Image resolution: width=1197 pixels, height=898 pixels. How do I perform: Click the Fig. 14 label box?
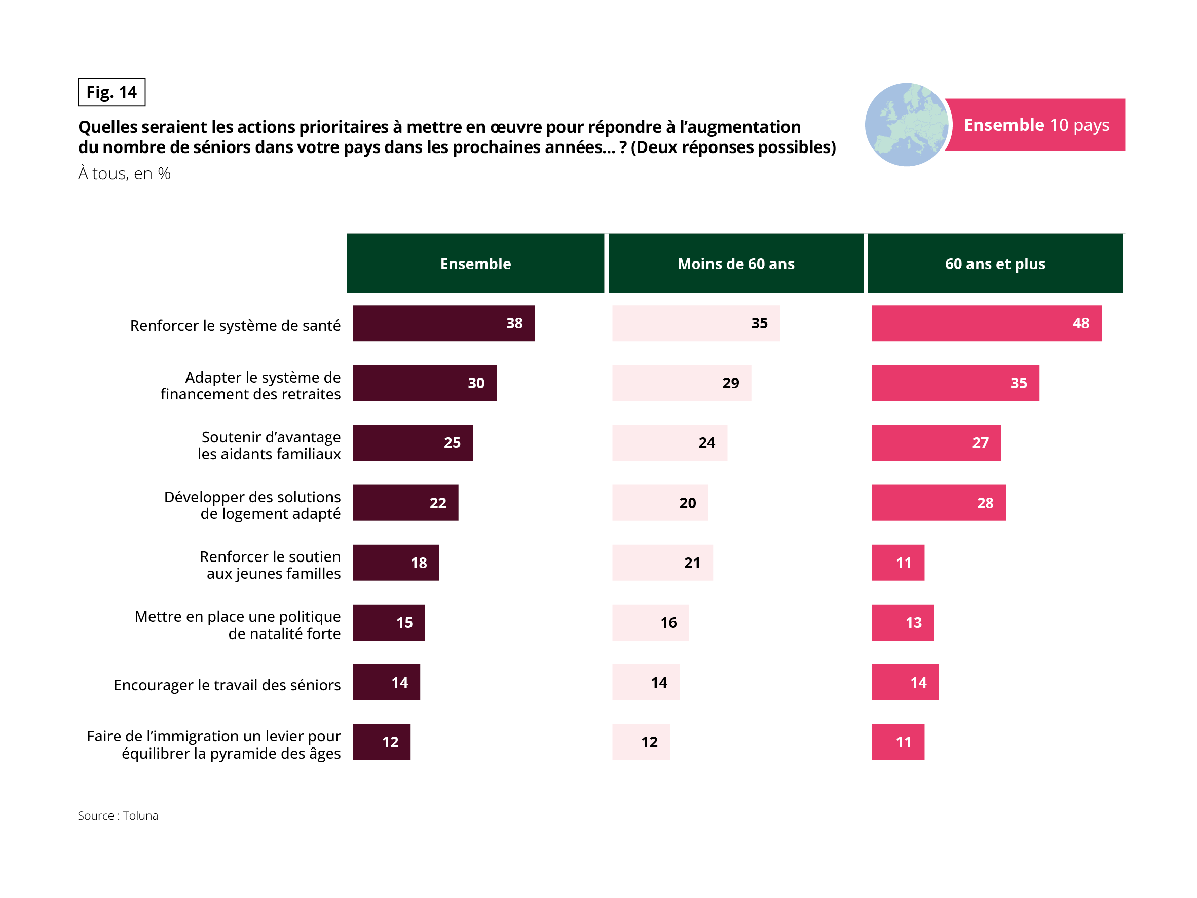[111, 92]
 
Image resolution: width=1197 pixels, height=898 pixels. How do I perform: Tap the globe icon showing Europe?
[906, 125]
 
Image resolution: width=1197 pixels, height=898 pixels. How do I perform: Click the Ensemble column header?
[475, 264]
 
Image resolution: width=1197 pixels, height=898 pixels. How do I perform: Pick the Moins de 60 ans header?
[735, 264]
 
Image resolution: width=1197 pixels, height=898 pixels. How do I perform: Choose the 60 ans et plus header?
[995, 264]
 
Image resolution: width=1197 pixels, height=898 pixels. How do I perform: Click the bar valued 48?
[986, 323]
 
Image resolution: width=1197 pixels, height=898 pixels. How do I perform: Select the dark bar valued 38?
[444, 323]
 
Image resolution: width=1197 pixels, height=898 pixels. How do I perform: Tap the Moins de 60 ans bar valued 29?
[681, 383]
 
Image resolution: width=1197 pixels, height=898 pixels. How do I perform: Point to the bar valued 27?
[936, 443]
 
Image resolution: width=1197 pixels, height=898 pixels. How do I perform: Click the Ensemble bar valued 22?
[405, 503]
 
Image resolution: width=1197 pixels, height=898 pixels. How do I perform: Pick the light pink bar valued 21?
[662, 563]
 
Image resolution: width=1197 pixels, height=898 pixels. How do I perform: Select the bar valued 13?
[902, 622]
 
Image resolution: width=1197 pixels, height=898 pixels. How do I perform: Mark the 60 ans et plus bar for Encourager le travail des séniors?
[905, 682]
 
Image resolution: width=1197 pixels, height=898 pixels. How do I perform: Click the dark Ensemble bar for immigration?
[382, 742]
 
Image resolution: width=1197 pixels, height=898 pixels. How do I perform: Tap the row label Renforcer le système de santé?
[235, 325]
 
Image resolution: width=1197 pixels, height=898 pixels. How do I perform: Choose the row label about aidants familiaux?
[269, 445]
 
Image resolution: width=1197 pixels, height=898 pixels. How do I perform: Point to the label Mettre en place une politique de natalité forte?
[238, 625]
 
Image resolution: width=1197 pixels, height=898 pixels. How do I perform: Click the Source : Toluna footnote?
[118, 816]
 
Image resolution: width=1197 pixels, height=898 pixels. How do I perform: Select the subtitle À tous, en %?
[125, 174]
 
